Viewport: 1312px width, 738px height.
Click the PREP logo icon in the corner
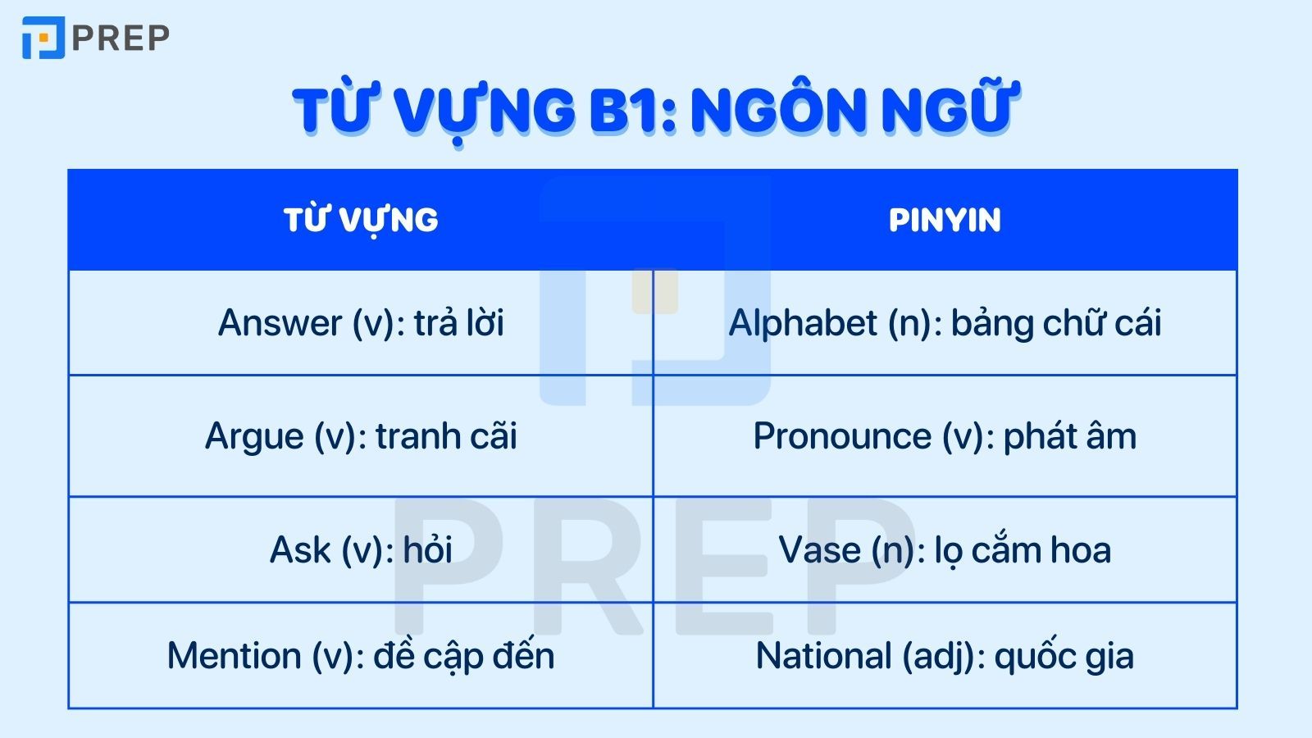pyautogui.click(x=43, y=38)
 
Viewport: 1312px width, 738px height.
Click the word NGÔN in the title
pyautogui.click(x=768, y=111)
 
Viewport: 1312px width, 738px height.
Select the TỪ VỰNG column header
pyautogui.click(x=361, y=220)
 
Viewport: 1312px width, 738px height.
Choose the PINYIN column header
pyautogui.click(x=945, y=220)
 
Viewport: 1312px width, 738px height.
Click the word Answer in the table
pyautogui.click(x=280, y=323)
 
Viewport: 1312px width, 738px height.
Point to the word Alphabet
pyautogui.click(x=803, y=323)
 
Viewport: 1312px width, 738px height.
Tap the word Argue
pyautogui.click(x=254, y=436)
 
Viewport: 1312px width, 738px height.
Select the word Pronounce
pyautogui.click(x=842, y=436)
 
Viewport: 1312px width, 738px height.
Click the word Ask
pyautogui.click(x=300, y=550)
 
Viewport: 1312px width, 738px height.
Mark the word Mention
pyautogui.click(x=234, y=656)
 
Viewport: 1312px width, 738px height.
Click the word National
pyautogui.click(x=823, y=656)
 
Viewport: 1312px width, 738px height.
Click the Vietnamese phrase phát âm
pyautogui.click(x=1069, y=436)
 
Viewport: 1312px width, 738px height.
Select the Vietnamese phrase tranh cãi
pyautogui.click(x=446, y=436)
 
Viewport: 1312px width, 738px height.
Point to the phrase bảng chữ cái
pyautogui.click(x=1056, y=323)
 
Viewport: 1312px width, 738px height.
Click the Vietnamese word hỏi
pyautogui.click(x=427, y=550)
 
